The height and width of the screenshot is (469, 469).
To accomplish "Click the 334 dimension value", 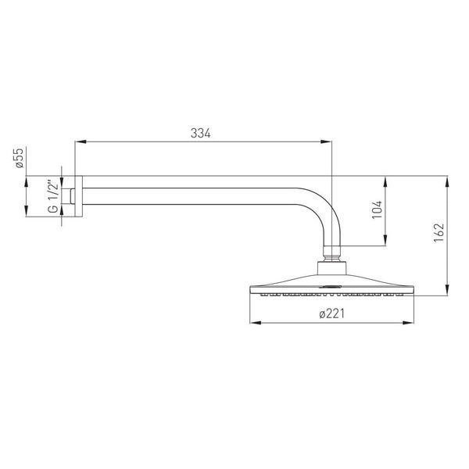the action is (200, 133).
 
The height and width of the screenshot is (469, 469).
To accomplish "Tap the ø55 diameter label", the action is (20, 158).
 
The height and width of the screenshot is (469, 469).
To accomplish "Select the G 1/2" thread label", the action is (53, 196).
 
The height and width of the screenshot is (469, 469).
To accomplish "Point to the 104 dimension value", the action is (378, 209).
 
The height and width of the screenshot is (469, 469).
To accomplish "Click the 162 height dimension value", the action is (439, 233).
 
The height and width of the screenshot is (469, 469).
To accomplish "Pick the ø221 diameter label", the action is (331, 313).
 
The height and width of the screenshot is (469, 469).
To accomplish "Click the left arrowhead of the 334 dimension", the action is (81, 141).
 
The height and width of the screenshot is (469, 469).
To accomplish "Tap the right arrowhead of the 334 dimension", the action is (326, 141).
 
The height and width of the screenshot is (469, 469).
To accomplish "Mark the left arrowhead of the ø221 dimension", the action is (256, 323).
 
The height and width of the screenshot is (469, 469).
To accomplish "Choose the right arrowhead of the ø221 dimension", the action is (408, 323).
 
